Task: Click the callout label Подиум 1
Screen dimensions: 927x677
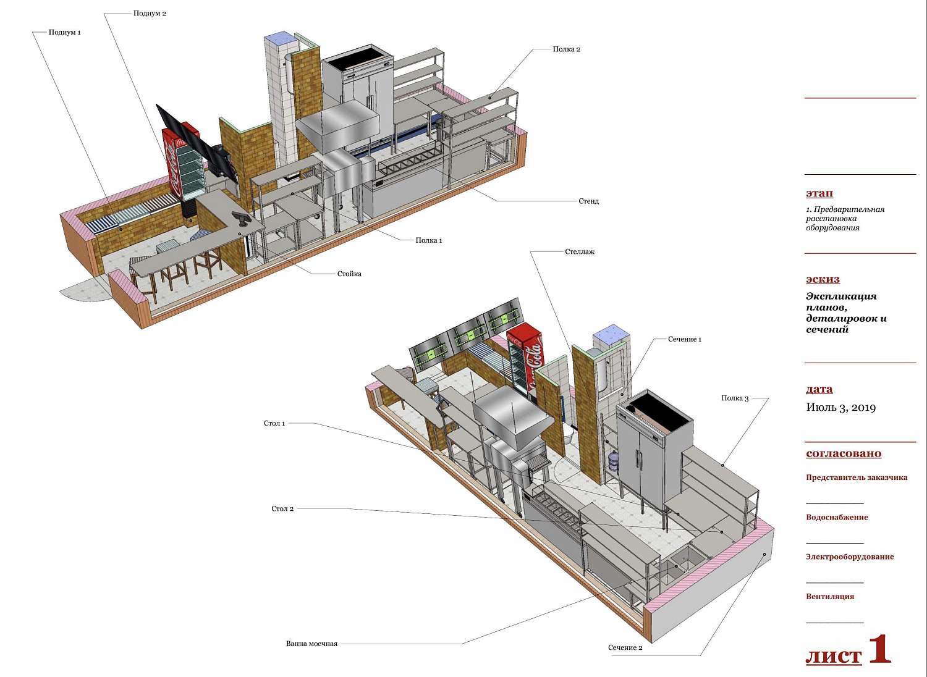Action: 64,32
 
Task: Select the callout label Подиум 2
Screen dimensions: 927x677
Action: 150,13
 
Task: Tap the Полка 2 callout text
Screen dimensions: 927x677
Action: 566,49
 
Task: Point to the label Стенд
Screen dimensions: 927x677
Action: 588,201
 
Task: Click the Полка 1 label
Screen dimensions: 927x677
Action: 429,240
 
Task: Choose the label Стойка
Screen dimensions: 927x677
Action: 349,274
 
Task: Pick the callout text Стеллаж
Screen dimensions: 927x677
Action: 580,251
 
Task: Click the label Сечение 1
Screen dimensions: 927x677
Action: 685,339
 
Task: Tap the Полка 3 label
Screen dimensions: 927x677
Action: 735,398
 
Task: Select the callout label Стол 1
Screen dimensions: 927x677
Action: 274,423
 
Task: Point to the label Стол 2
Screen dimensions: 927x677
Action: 282,509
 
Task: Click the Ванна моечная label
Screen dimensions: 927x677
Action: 311,644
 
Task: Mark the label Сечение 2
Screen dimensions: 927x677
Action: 625,647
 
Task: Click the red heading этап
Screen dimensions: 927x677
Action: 819,193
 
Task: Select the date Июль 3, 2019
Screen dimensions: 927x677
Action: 840,408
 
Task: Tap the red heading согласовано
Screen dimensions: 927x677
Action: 844,453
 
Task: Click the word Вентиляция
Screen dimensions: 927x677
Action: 830,596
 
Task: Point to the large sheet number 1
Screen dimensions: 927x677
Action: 879,649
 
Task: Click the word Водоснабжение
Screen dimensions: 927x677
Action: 837,518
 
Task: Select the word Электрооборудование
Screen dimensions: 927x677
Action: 850,557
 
